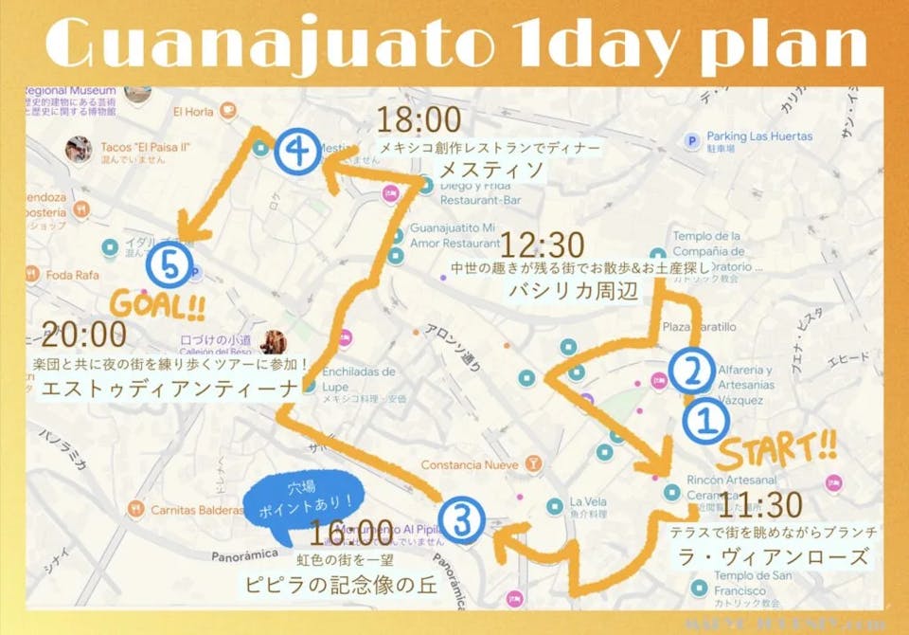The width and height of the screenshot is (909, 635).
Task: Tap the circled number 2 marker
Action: pos(692,372)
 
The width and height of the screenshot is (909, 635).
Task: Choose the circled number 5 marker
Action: pos(171,268)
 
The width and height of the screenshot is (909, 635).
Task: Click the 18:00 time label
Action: pos(419,120)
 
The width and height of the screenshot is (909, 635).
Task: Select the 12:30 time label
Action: pos(541,246)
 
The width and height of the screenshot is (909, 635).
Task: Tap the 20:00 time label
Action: pos(84,335)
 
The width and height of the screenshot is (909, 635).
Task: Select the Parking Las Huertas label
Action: pos(759,136)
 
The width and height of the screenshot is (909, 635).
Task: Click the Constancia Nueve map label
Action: pos(470,465)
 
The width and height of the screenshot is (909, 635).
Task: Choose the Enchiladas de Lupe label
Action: pos(359,378)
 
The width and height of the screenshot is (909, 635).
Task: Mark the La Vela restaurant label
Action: pos(588,502)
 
